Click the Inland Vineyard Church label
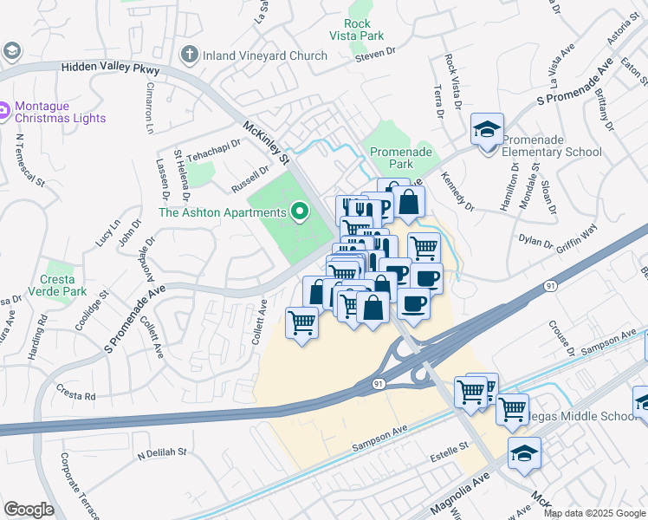pyautogui.click(x=265, y=55)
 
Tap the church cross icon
pyautogui.click(x=190, y=55)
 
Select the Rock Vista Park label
pyautogui.click(x=357, y=29)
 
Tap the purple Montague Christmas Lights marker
pyautogui.click(x=4, y=109)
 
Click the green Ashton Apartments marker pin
pyautogui.click(x=300, y=211)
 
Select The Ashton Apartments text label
pyautogui.click(x=223, y=212)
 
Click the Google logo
pyautogui.click(x=29, y=510)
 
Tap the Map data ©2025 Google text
pyautogui.click(x=594, y=513)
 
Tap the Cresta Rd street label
pyautogui.click(x=78, y=395)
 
